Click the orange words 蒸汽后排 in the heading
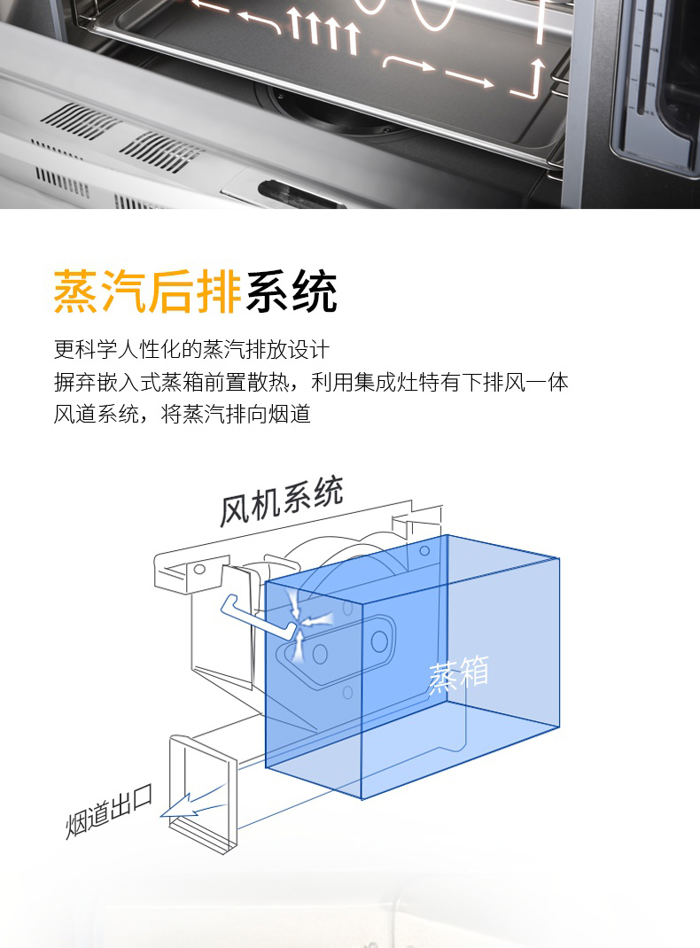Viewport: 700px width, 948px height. [147, 291]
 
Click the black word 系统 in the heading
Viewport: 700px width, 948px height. [291, 291]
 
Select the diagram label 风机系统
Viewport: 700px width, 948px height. [281, 501]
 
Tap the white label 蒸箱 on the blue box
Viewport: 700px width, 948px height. [458, 674]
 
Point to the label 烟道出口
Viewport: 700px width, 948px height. [109, 812]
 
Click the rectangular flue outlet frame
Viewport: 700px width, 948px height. [203, 793]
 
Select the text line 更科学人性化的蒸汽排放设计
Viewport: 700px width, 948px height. [191, 349]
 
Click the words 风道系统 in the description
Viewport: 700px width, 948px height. [96, 414]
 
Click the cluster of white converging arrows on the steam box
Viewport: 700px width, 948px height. [308, 624]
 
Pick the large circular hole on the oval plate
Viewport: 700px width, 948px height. [379, 641]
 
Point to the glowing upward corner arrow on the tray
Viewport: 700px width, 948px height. [530, 79]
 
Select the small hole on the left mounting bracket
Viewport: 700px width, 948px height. [198, 570]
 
